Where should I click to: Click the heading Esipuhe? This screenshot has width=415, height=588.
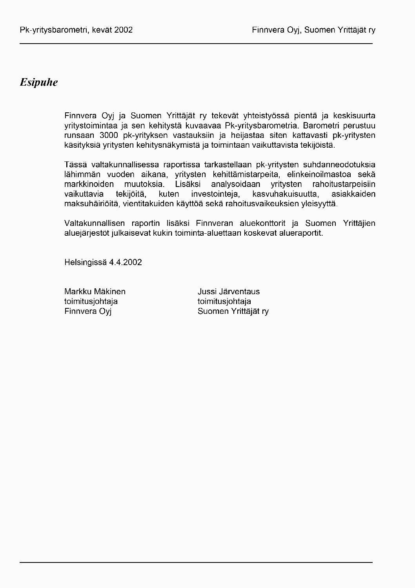(x=39, y=82)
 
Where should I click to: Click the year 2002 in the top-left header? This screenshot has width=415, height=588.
(x=124, y=30)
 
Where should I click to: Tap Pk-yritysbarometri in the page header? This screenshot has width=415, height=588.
(x=55, y=30)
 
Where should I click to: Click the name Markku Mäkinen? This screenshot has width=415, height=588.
(x=95, y=291)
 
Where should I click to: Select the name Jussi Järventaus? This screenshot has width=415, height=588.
(x=229, y=291)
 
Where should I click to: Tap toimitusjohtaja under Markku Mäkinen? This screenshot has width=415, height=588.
(x=91, y=301)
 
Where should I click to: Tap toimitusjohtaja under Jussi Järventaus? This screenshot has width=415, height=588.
(x=224, y=301)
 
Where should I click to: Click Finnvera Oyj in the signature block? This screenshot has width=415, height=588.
(x=88, y=311)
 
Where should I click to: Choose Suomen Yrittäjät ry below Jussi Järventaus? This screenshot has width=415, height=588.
(x=233, y=311)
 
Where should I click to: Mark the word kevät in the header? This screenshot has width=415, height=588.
(x=103, y=30)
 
